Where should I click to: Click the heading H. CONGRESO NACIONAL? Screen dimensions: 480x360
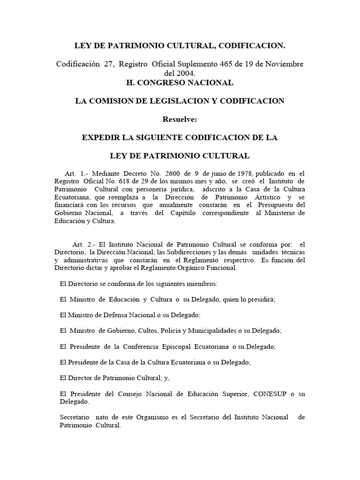[180, 83]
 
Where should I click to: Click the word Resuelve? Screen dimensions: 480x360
[180, 120]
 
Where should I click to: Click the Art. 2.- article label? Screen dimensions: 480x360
[82, 244]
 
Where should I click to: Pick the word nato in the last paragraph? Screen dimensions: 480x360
[102, 417]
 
